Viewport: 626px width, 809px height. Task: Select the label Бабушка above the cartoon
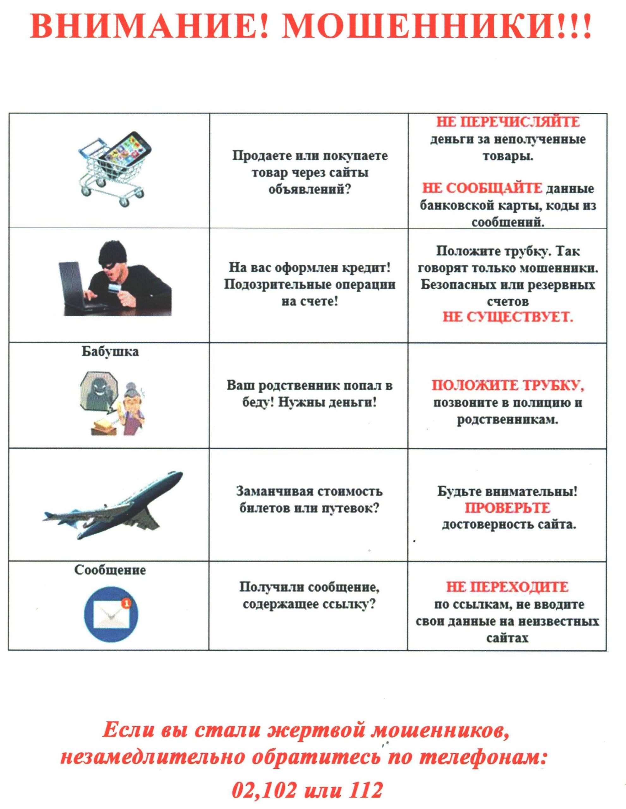point(110,351)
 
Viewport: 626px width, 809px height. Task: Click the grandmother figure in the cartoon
point(131,407)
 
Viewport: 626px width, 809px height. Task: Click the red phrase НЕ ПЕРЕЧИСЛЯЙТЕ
point(507,122)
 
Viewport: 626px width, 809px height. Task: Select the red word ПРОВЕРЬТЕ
point(507,508)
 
